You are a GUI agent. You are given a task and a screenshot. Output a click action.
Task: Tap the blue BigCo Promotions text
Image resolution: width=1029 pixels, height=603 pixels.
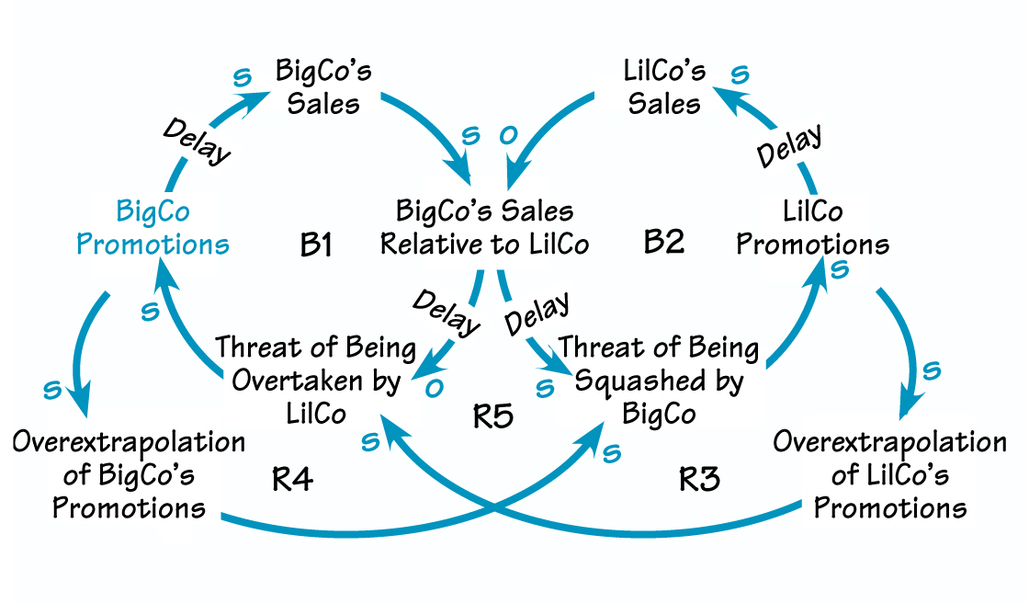[153, 228]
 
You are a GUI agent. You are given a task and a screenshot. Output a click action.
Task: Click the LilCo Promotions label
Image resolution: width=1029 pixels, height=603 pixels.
[812, 228]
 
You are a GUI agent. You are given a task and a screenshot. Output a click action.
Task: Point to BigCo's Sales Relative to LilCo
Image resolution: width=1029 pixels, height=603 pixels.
[484, 228]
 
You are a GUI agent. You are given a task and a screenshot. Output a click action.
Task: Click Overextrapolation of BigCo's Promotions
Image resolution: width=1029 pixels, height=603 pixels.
[129, 474]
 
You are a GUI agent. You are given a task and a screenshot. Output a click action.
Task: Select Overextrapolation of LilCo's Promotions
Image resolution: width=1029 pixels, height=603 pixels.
[889, 474]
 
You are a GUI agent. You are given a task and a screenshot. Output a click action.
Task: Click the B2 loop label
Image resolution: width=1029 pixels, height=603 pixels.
[663, 243]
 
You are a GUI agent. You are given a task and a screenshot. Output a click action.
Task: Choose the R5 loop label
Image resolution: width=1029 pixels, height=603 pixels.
[493, 416]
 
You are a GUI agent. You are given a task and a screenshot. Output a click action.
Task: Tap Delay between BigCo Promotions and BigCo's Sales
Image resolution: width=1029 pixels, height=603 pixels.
[198, 141]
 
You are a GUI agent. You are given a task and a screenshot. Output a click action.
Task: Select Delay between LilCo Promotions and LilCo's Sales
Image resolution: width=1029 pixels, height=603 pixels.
[789, 145]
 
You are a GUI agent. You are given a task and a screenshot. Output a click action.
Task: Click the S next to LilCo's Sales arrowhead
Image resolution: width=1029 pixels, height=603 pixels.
[739, 74]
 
